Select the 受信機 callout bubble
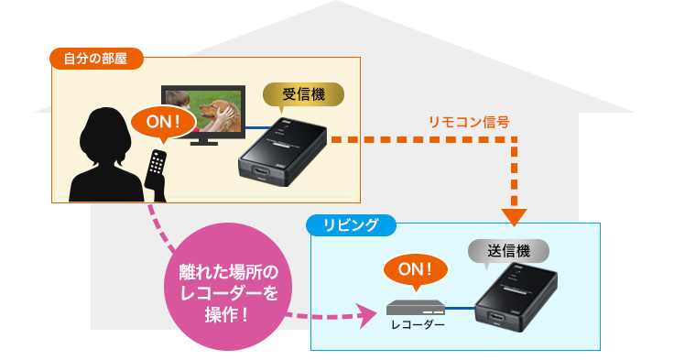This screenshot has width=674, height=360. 303,93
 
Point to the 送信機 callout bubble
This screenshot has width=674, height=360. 508,248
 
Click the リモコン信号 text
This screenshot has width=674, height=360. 468,120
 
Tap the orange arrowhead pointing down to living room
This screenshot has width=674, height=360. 516,216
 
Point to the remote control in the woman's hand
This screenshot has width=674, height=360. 158,170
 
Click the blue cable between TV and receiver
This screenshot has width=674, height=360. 256,129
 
